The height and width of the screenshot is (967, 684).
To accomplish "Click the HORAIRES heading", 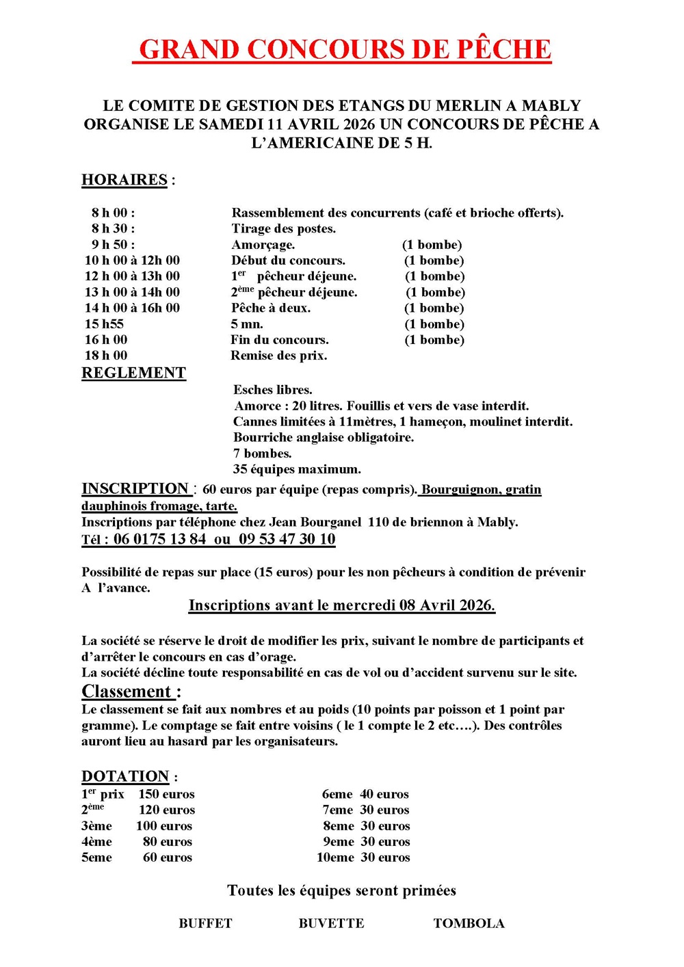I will tap(124, 180).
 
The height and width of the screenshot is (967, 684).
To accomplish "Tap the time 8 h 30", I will tap(113, 228).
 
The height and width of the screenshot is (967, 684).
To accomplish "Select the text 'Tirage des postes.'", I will tap(283, 228).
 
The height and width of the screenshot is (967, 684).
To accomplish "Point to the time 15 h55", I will tap(104, 324).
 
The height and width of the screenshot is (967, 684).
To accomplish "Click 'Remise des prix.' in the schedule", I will tap(278, 356).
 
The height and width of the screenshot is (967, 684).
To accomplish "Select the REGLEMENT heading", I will tap(134, 373).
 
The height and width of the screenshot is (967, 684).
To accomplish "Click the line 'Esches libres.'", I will tap(272, 390).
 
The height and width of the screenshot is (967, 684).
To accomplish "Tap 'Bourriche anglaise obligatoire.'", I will tap(323, 438).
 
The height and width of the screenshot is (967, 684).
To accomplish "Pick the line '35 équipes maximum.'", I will tap(296, 469).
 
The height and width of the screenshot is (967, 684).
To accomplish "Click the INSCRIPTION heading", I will tap(135, 488).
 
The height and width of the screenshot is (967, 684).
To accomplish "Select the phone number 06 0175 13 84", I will tap(159, 539).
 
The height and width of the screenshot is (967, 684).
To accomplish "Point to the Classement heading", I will tap(127, 691).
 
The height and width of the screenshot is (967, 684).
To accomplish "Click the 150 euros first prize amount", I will tap(166, 794).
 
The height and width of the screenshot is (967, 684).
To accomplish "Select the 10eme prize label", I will tap(335, 858).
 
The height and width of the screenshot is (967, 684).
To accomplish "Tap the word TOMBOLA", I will tap(469, 923).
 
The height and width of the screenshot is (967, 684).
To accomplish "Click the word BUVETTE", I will tap(331, 923).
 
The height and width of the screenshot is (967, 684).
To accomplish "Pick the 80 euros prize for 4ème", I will tap(167, 842).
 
